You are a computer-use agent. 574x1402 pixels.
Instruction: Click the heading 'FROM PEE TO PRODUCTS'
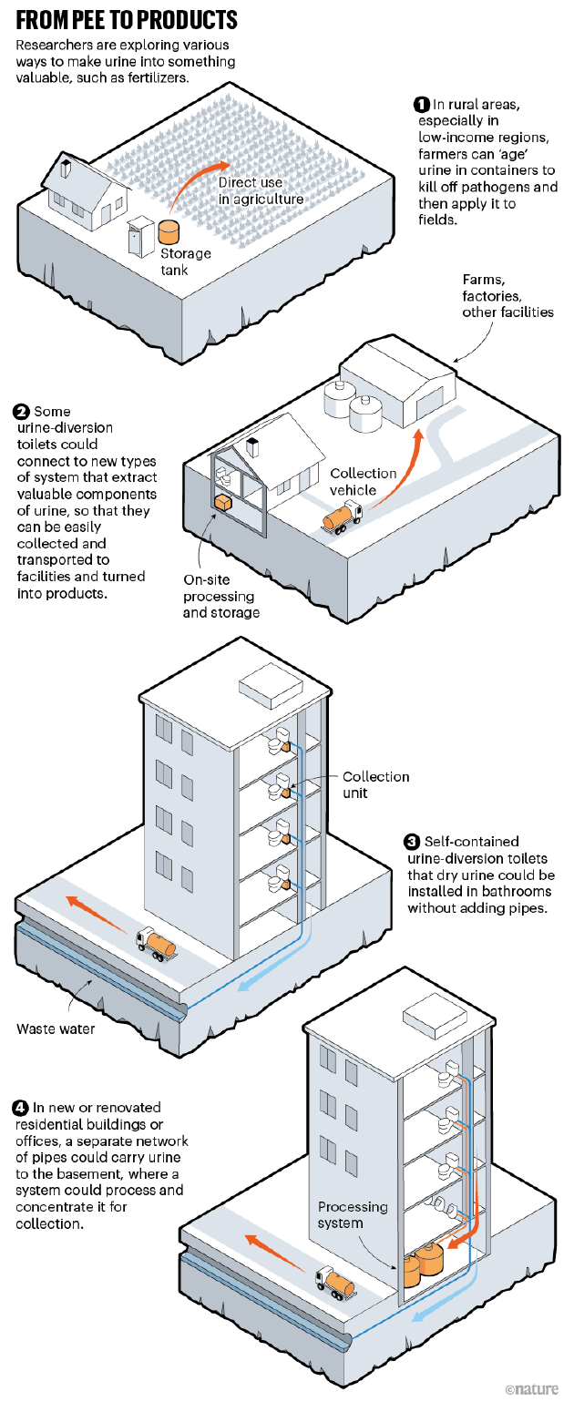pyautogui.click(x=127, y=20)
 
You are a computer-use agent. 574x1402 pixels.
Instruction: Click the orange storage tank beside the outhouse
pyautogui.click(x=169, y=230)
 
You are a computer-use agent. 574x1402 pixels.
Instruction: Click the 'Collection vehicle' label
pyautogui.click(x=364, y=482)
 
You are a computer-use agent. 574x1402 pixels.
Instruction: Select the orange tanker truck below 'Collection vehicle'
pyautogui.click(x=343, y=519)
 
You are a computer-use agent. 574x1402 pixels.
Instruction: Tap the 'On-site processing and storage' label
pyautogui.click(x=221, y=595)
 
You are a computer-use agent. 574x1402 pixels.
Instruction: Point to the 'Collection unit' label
pyautogui.click(x=375, y=784)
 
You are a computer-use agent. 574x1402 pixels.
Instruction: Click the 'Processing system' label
pyautogui.click(x=353, y=1215)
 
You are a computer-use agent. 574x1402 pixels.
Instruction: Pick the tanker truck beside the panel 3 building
pyautogui.click(x=156, y=941)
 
